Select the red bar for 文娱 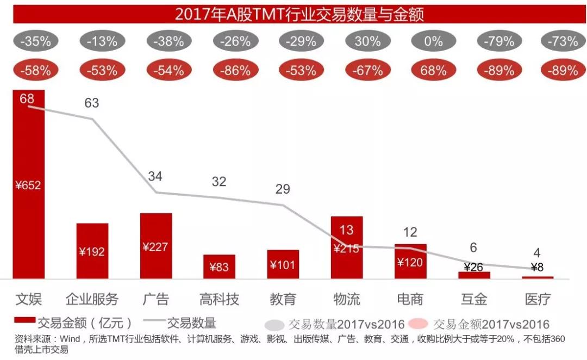[29, 218]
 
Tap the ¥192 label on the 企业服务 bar [92, 252]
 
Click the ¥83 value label [219, 267]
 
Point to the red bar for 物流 [347, 261]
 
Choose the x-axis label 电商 [410, 299]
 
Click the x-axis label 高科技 [219, 299]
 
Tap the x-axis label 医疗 [538, 299]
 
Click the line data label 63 [92, 103]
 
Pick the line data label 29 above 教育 [283, 189]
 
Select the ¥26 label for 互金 [474, 268]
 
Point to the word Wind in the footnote [71, 339]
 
